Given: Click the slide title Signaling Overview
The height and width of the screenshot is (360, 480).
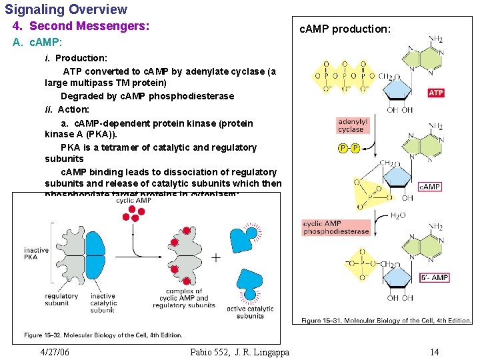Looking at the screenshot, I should pyautogui.click(x=66, y=9).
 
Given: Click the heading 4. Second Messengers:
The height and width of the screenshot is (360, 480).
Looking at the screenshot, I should pyautogui.click(x=81, y=27).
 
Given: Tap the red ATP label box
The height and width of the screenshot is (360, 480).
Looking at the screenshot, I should pyautogui.click(x=436, y=93).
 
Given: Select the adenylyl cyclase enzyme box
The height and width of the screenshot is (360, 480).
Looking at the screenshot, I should pyautogui.click(x=352, y=126).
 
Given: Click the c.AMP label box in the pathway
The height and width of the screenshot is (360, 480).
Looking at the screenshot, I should pyautogui.click(x=430, y=187).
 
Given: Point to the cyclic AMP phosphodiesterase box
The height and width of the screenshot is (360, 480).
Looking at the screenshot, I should pyautogui.click(x=336, y=228).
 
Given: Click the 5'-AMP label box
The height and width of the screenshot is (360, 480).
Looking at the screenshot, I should pyautogui.click(x=434, y=277).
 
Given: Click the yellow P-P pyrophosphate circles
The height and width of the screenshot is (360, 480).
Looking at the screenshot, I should pyautogui.click(x=349, y=148).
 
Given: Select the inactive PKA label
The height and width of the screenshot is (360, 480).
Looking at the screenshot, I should pyautogui.click(x=37, y=254).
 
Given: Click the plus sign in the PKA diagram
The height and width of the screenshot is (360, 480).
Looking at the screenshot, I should pyautogui.click(x=216, y=257).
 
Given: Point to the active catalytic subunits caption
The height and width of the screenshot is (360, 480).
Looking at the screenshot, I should pyautogui.click(x=250, y=312).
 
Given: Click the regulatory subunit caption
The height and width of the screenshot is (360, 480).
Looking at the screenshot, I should pyautogui.click(x=62, y=300).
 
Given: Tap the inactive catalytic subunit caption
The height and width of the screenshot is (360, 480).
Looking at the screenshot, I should pyautogui.click(x=103, y=303).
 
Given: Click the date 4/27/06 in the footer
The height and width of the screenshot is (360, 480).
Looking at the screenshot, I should pyautogui.click(x=55, y=352).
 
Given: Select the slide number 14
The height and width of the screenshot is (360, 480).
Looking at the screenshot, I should pyautogui.click(x=434, y=352).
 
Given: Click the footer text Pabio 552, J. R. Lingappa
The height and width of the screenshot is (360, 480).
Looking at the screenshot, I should pyautogui.click(x=239, y=352).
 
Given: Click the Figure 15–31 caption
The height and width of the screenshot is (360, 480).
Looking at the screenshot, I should pyautogui.click(x=386, y=321).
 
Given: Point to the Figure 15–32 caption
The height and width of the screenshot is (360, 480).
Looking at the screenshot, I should pyautogui.click(x=103, y=335).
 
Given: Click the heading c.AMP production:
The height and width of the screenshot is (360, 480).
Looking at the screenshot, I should pyautogui.click(x=345, y=29).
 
